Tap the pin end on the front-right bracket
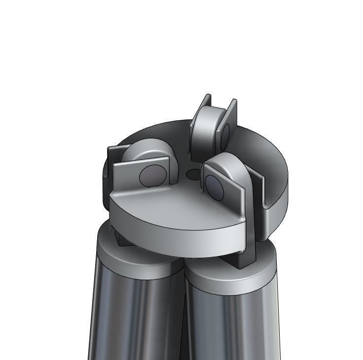click(217, 187)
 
